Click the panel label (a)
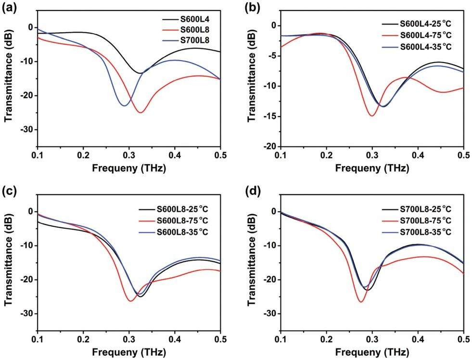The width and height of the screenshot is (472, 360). point(9,8)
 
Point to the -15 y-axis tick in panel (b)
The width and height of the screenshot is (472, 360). point(271,116)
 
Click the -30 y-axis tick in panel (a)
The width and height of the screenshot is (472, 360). point(28,130)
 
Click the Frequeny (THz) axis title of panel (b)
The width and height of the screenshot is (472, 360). point(372,168)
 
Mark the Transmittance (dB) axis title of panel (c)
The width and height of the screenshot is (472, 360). point(9,262)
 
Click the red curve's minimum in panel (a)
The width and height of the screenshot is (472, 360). point(140,113)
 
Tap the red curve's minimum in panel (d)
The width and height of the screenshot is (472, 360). point(361,302)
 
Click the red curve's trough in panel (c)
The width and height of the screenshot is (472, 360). point(130,301)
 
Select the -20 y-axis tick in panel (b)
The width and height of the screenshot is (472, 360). point(271,147)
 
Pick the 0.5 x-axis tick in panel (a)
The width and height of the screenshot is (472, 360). point(221,156)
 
